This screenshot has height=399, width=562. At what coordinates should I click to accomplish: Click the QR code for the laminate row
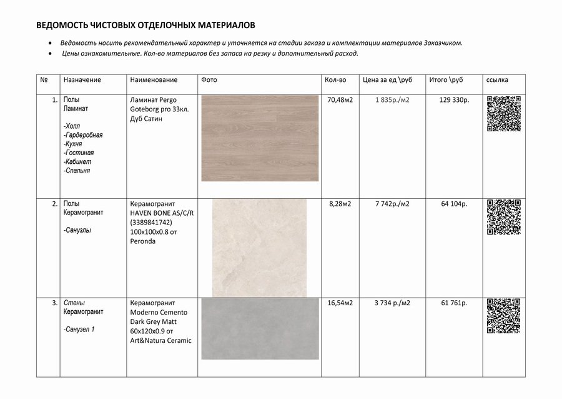pos(503,113)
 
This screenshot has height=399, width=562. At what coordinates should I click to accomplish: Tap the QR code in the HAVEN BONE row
pos(503,216)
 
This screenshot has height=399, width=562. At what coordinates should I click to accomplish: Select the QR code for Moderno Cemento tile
pos(503,316)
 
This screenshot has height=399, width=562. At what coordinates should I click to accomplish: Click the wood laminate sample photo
pos(260,138)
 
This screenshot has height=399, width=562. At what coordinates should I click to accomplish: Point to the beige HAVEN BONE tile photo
pos(259,248)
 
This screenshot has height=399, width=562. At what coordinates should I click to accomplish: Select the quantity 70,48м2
pos(340,100)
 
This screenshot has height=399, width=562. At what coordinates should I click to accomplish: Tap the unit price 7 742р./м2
pos(392,204)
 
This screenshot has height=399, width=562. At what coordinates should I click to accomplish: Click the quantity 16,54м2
pos(340,303)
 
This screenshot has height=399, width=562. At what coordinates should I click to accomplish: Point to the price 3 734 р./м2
pos(392,303)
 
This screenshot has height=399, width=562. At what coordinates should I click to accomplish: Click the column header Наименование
pos(154,80)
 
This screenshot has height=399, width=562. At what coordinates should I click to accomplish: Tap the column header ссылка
pos(497,80)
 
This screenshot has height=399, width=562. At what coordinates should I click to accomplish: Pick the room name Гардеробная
pos(84,134)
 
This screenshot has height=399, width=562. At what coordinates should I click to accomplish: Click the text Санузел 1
pos(79,329)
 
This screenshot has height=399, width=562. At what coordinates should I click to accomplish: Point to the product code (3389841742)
pos(150,222)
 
